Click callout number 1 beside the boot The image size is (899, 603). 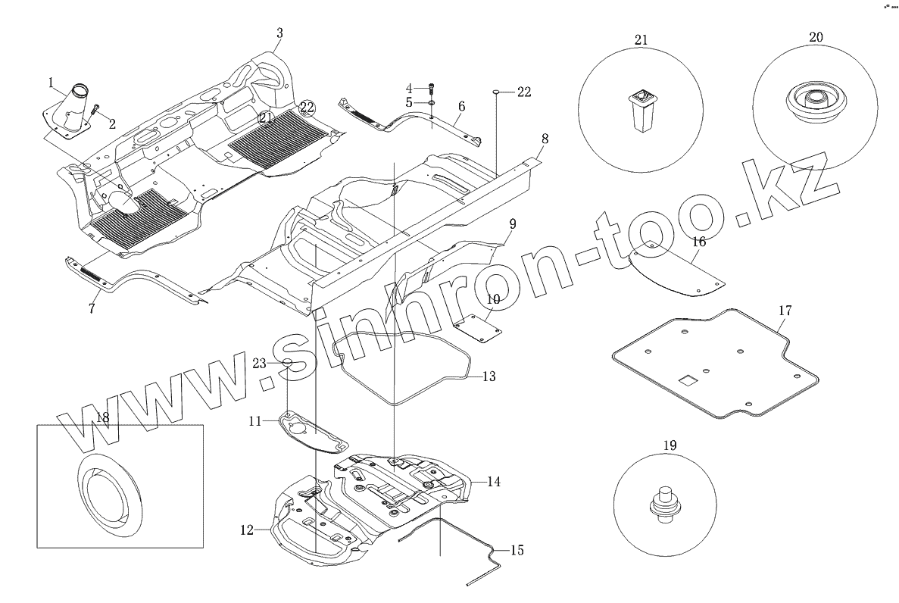point(51,81)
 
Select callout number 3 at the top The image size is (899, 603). point(279,33)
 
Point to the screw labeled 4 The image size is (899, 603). point(431,88)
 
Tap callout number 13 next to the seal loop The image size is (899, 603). point(489,376)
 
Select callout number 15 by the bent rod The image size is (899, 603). point(517,551)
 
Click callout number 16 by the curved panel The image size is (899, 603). point(698,242)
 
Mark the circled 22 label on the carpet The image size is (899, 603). point(307,107)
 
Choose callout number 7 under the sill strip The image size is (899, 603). point(92,308)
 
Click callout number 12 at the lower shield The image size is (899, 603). point(246,531)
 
